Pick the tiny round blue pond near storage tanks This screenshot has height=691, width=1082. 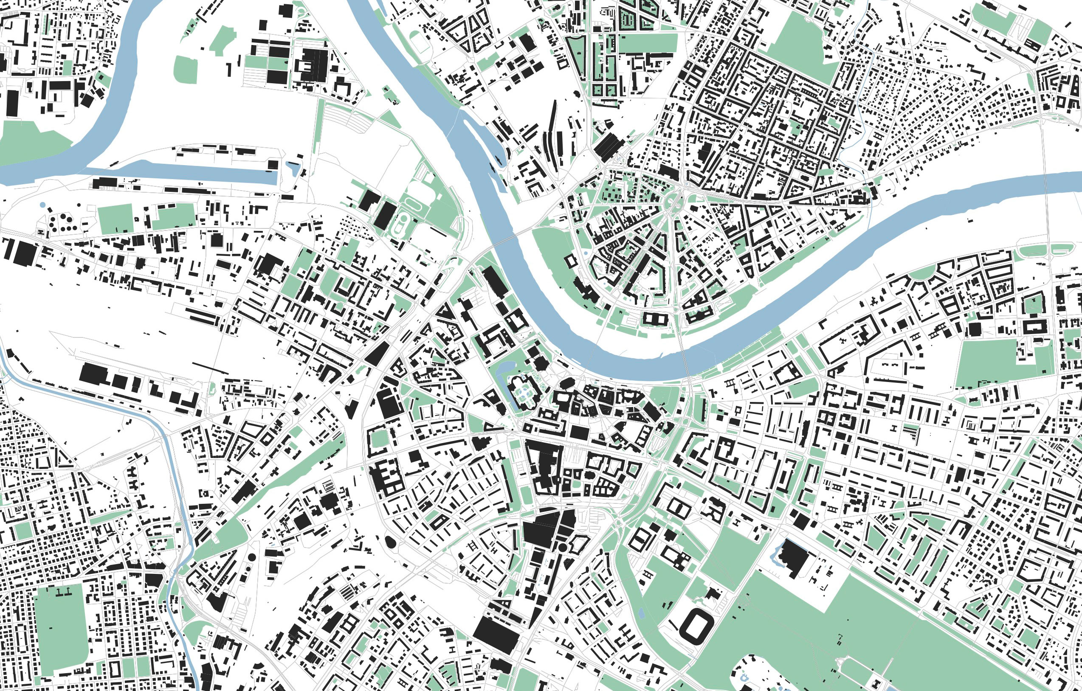point(42,205)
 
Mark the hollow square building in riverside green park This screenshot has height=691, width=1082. point(570,261)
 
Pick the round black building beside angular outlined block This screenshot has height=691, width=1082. point(562,547)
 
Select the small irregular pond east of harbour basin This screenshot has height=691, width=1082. point(293,169)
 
